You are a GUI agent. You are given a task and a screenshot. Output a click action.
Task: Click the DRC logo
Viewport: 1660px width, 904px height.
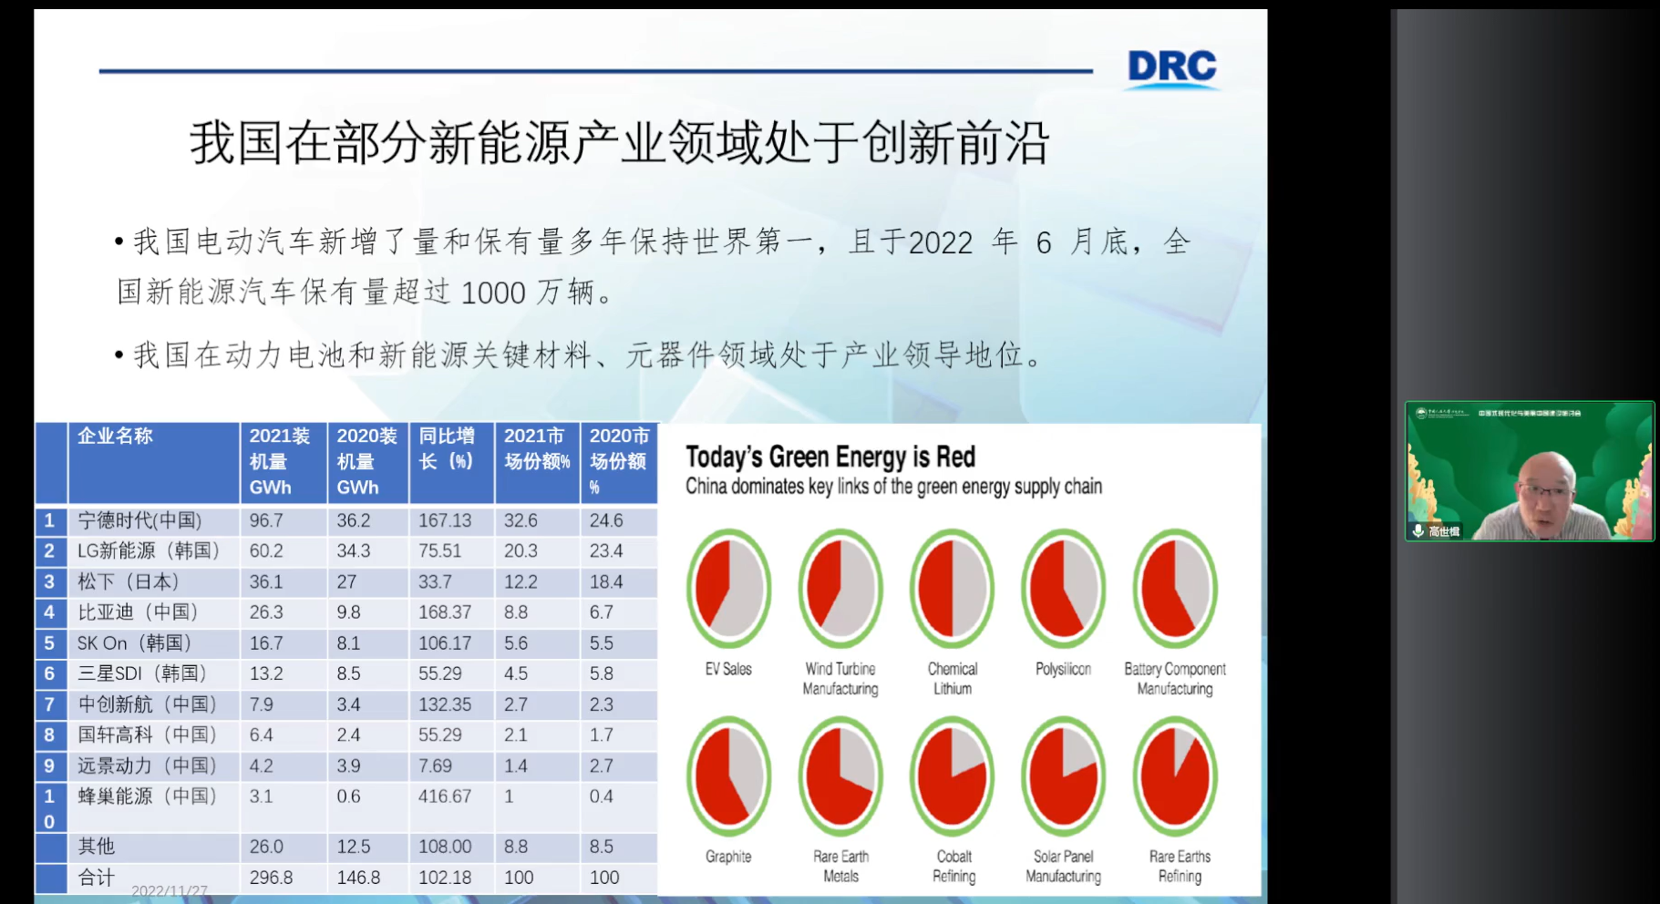click(x=1171, y=67)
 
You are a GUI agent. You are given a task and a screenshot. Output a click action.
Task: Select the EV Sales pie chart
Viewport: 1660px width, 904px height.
click(x=728, y=589)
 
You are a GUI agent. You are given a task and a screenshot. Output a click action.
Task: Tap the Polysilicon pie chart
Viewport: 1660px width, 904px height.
click(x=1063, y=589)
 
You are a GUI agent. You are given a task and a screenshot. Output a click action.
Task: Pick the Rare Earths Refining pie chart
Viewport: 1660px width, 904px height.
click(x=1175, y=776)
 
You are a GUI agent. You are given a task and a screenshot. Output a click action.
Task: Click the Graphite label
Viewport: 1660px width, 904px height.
click(x=728, y=857)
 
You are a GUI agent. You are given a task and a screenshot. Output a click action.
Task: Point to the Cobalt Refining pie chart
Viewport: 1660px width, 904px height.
click(x=953, y=776)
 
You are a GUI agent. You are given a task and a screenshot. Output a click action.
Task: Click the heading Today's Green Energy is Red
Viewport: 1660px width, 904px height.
click(x=830, y=457)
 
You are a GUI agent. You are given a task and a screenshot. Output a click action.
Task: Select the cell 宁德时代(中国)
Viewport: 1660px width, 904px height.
click(x=139, y=520)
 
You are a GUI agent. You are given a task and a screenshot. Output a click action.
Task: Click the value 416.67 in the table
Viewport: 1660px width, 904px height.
click(x=445, y=796)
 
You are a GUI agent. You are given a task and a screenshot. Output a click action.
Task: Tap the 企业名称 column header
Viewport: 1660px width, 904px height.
click(x=115, y=437)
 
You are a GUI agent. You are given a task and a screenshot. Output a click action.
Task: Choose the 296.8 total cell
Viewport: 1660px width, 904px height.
click(x=271, y=878)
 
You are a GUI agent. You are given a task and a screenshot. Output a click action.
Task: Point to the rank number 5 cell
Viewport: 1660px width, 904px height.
click(x=49, y=643)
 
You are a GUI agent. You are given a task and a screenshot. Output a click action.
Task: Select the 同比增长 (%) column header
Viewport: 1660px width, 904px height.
click(x=447, y=448)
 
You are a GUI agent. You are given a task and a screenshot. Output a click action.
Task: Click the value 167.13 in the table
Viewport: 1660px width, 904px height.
click(x=445, y=520)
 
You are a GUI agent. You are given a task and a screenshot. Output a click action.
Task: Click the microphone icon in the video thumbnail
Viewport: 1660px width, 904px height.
click(x=1418, y=530)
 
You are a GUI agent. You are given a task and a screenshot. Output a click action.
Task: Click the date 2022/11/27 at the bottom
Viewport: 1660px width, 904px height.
click(x=170, y=890)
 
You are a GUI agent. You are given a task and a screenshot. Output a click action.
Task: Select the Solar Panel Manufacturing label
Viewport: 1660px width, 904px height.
click(x=1063, y=867)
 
